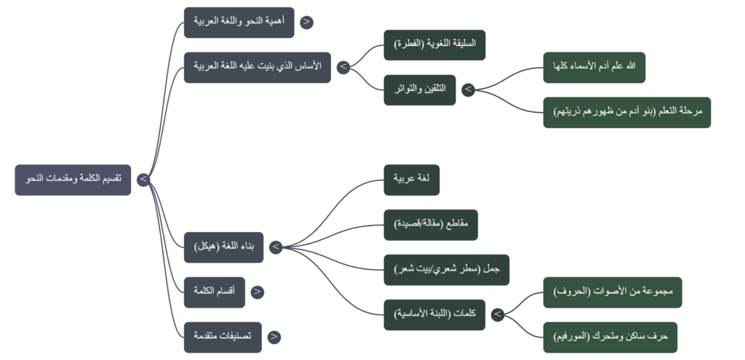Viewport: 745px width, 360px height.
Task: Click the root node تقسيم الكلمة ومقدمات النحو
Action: click(73, 180)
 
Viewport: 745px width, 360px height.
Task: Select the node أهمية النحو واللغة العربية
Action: click(239, 22)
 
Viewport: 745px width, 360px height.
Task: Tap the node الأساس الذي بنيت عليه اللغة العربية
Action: click(258, 67)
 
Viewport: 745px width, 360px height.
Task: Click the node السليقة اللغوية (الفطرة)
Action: click(434, 44)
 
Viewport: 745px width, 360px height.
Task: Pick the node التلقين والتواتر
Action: click(420, 89)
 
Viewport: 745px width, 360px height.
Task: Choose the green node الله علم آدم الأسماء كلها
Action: click(594, 67)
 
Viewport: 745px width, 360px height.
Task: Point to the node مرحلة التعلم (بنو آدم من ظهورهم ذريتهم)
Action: click(626, 112)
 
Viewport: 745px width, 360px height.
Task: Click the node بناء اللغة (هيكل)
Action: click(223, 247)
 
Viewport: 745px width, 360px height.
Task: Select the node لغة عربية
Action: click(412, 180)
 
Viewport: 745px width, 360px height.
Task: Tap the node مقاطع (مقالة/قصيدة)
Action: click(431, 225)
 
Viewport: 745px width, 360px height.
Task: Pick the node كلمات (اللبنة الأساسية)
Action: click(434, 314)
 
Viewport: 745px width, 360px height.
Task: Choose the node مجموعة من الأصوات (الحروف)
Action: click(613, 292)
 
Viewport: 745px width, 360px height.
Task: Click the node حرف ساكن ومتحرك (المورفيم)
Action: click(610, 337)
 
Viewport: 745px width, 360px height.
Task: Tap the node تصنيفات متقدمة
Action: click(223, 337)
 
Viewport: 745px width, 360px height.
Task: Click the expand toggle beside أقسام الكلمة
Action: click(257, 292)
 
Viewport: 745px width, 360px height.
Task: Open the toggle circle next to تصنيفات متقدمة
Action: click(274, 337)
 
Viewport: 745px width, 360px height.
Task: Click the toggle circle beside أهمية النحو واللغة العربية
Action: click(306, 22)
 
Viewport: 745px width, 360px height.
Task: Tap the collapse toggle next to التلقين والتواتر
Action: click(468, 89)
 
